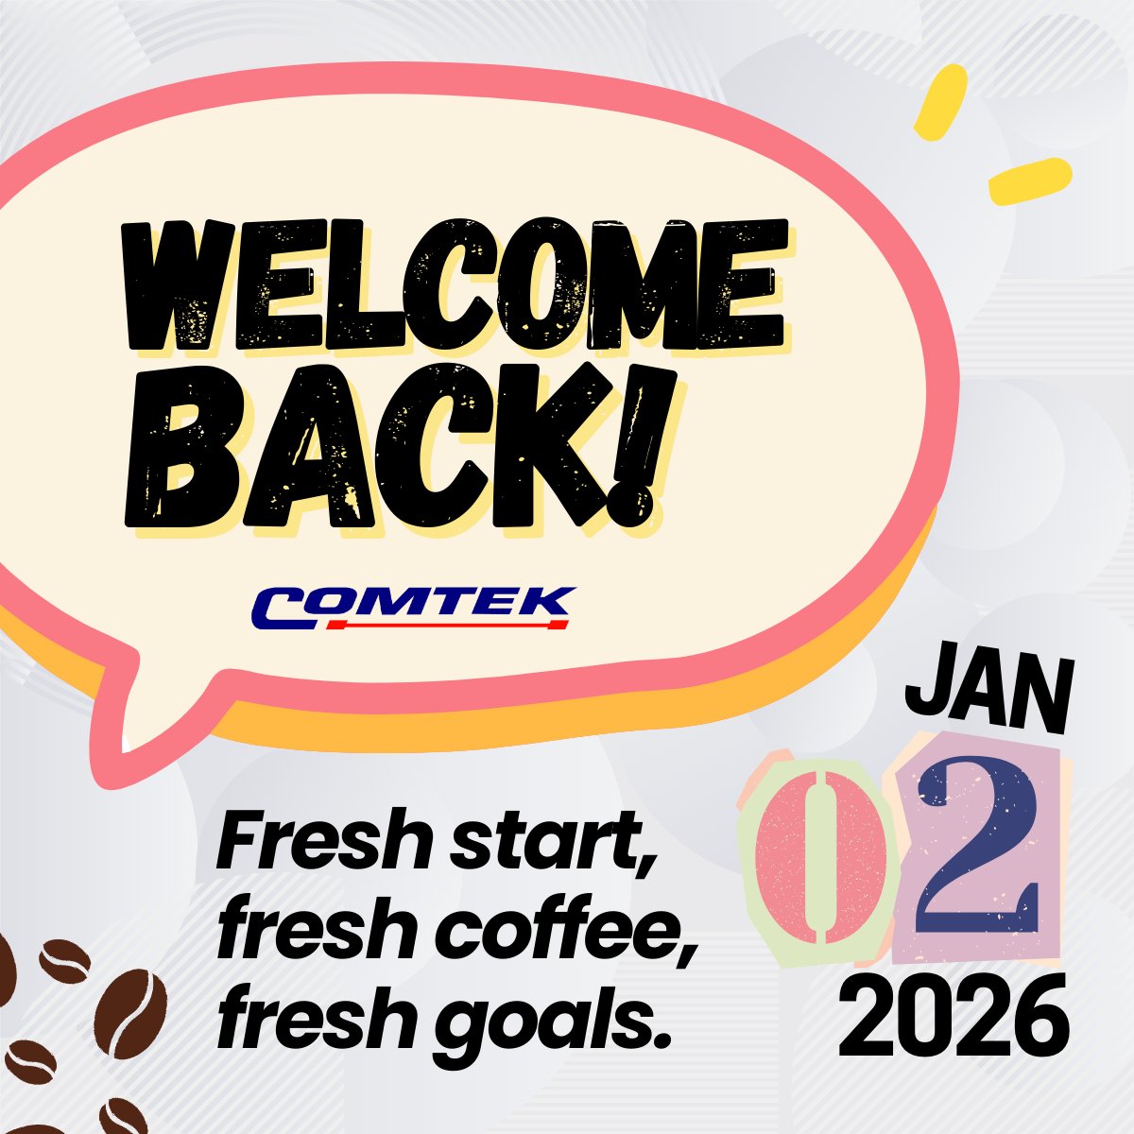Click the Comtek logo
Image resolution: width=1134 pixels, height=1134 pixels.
point(414,608)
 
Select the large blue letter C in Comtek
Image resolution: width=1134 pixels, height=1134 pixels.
point(282,608)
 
